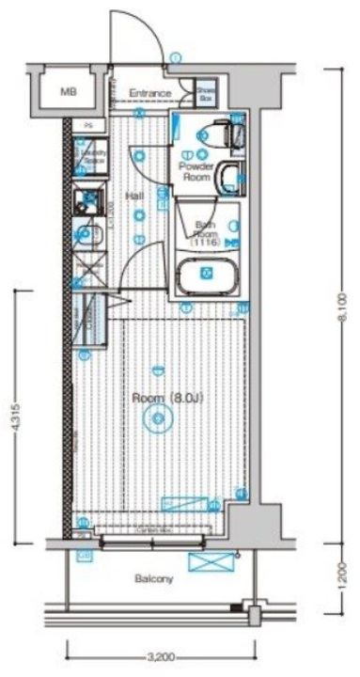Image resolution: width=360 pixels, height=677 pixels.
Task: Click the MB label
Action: tap(68, 92)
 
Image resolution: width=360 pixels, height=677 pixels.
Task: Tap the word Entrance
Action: tap(149, 93)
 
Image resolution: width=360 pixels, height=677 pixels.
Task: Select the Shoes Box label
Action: tap(205, 93)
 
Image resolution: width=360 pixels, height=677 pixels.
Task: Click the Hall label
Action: tap(133, 196)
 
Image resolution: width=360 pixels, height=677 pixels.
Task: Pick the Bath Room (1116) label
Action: tap(205, 232)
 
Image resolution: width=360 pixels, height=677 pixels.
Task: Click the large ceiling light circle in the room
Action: tap(154, 424)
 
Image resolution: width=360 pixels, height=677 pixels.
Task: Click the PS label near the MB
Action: tap(89, 124)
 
